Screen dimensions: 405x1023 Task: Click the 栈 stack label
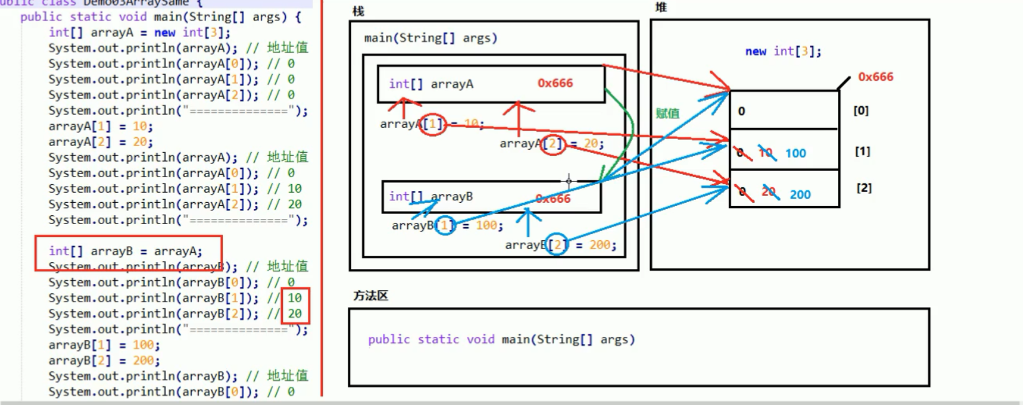point(358,11)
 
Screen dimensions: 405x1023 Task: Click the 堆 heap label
point(661,7)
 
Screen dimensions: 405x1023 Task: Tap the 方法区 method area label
point(370,295)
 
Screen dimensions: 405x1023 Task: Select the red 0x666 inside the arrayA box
point(555,83)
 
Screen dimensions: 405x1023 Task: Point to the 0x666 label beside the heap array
point(875,77)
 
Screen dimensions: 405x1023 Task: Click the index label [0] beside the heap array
point(861,110)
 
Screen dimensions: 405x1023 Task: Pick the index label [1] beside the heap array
point(862,151)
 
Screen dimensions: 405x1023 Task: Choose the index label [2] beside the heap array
point(864,188)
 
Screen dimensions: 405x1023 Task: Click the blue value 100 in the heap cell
point(795,154)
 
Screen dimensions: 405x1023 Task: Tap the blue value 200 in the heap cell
point(799,195)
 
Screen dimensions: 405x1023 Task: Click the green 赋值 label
point(667,114)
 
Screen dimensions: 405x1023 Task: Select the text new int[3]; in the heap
point(783,51)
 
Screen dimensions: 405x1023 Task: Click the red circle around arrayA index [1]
point(432,124)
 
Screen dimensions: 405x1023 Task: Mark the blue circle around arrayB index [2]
point(556,245)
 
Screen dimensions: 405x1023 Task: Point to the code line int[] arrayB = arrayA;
point(126,251)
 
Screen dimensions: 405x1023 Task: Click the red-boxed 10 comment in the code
point(295,298)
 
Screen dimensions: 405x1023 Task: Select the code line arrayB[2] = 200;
point(104,361)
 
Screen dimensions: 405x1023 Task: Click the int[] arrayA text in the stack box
point(431,84)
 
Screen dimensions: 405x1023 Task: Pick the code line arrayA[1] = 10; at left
point(101,126)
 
